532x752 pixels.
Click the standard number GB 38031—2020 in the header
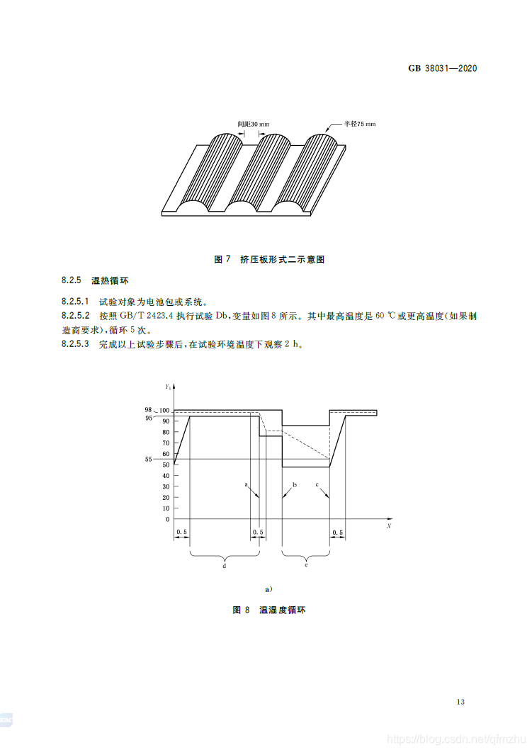pyautogui.click(x=443, y=69)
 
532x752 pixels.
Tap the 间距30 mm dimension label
pyautogui.click(x=254, y=124)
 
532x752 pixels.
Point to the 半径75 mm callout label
pyautogui.click(x=360, y=123)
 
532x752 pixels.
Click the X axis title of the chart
pyautogui.click(x=388, y=527)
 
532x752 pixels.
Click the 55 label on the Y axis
pyautogui.click(x=148, y=459)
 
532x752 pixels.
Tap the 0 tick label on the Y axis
pyautogui.click(x=166, y=520)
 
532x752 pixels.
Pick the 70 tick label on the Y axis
pyautogui.click(x=165, y=443)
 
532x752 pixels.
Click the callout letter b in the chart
pyautogui.click(x=294, y=485)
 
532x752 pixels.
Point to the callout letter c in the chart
pyautogui.click(x=317, y=485)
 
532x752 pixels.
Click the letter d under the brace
pyautogui.click(x=225, y=566)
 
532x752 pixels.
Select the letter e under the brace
pyautogui.click(x=306, y=566)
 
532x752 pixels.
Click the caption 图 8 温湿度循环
pyautogui.click(x=268, y=610)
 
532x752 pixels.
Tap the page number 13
pyautogui.click(x=460, y=702)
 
